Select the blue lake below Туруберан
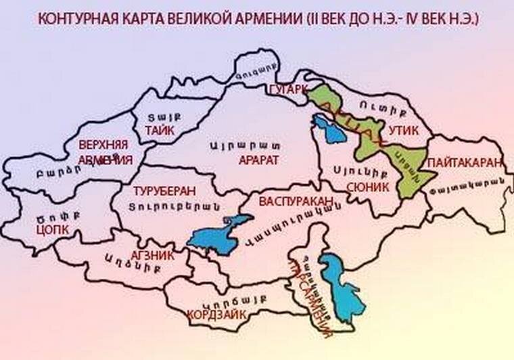click(216, 233)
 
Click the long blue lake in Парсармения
click(344, 284)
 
